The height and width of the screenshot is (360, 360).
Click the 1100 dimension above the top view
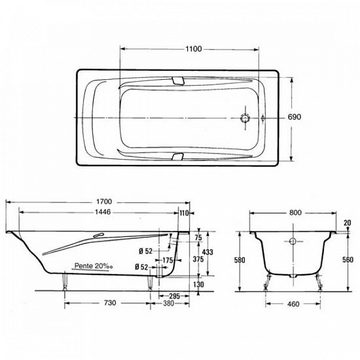194,49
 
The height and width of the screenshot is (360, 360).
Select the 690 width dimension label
294,117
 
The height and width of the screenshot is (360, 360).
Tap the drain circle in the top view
245,118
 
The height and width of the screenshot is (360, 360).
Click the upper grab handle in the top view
178,81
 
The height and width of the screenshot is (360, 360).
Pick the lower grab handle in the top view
178,157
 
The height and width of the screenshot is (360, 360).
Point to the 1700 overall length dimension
104,202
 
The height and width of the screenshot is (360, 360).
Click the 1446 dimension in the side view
103,212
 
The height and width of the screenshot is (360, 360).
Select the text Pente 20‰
94,266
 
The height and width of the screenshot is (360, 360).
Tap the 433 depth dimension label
208,252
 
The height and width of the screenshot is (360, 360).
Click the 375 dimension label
198,259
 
